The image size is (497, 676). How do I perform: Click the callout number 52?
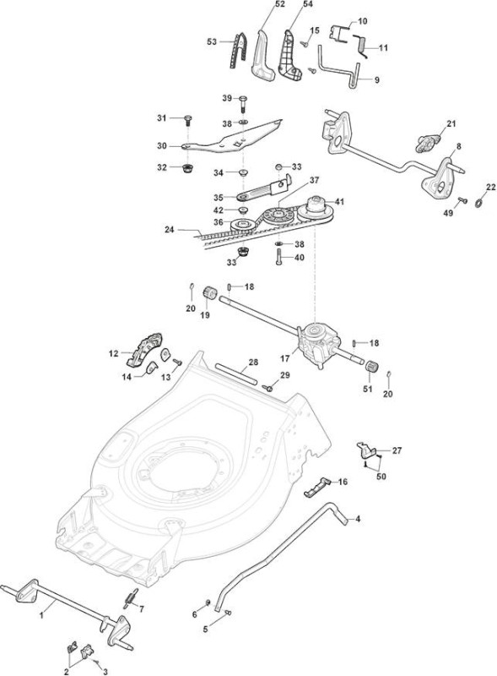click(x=280, y=4)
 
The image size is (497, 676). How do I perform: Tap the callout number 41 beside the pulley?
click(x=339, y=201)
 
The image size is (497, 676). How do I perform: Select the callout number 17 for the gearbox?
click(x=285, y=358)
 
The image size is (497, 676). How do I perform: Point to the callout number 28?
click(x=254, y=363)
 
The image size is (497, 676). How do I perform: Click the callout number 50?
click(x=381, y=477)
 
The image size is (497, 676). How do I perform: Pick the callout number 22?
click(x=490, y=187)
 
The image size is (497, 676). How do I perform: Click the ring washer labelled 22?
click(x=478, y=202)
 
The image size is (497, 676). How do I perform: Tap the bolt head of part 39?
click(x=242, y=99)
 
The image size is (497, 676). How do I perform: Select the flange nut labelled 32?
click(x=187, y=167)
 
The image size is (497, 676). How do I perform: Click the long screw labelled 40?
click(x=278, y=257)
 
